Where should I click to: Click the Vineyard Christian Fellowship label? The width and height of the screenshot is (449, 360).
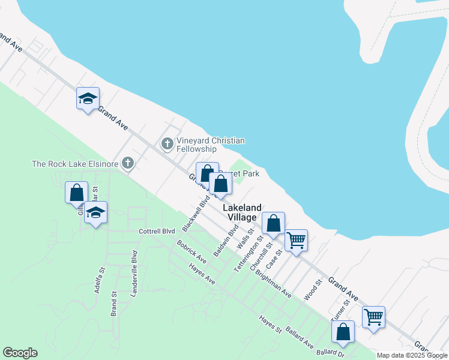click(210, 145)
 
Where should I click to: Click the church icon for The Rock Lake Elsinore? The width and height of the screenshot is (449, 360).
click(127, 163)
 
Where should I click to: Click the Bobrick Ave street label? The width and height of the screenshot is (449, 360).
click(191, 252)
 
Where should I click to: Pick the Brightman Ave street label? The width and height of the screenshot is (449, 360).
click(273, 284)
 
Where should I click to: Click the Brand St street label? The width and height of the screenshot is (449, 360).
click(113, 304)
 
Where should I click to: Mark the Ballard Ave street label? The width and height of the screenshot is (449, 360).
click(300, 338)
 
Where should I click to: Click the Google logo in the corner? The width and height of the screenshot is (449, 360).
click(20, 353)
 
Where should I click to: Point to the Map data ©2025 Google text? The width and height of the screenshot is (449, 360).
click(412, 355)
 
